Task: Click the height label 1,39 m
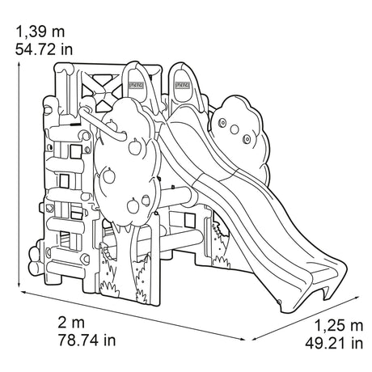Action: pos(40,32)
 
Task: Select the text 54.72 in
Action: pos(44,49)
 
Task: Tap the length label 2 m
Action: pos(71,323)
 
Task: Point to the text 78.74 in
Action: pos(87,340)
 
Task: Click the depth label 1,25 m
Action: pos(339,325)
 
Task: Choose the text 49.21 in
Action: pos(334,344)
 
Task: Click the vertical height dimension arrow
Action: pos(19,175)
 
